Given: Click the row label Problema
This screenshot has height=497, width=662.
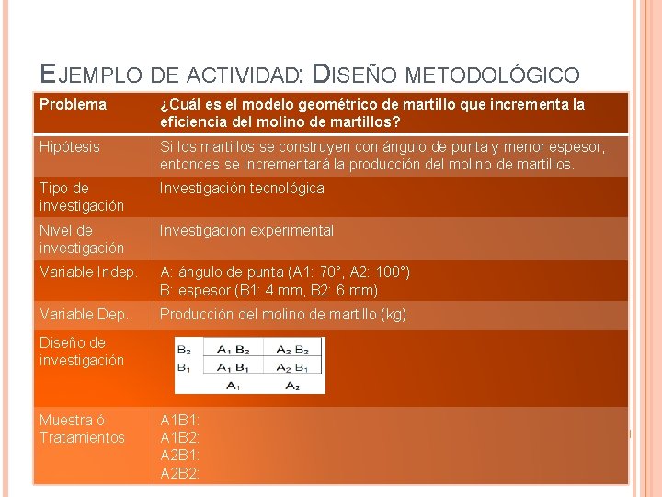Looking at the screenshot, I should [x=73, y=105].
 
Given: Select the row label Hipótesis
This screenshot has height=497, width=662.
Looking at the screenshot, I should [x=70, y=147].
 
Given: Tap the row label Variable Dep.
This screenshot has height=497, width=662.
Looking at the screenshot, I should [x=84, y=315].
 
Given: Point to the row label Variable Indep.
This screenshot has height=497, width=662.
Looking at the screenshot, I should [x=88, y=272].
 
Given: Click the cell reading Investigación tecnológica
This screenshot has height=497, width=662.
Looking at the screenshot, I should [x=242, y=189].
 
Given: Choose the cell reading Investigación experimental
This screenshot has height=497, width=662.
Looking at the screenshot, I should [x=246, y=231].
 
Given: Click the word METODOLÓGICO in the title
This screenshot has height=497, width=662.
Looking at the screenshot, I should [x=493, y=74].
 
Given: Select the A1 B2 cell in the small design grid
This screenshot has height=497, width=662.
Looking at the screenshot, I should [x=233, y=350].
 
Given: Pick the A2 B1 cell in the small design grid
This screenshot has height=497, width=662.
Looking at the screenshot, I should [x=289, y=367].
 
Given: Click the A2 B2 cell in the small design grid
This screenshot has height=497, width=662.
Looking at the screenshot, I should [x=289, y=350].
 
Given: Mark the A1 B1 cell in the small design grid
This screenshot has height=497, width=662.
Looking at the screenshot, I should [x=233, y=367].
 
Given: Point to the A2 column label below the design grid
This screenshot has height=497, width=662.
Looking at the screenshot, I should [x=291, y=385].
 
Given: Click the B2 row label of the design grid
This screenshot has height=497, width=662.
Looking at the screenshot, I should [x=184, y=350].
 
